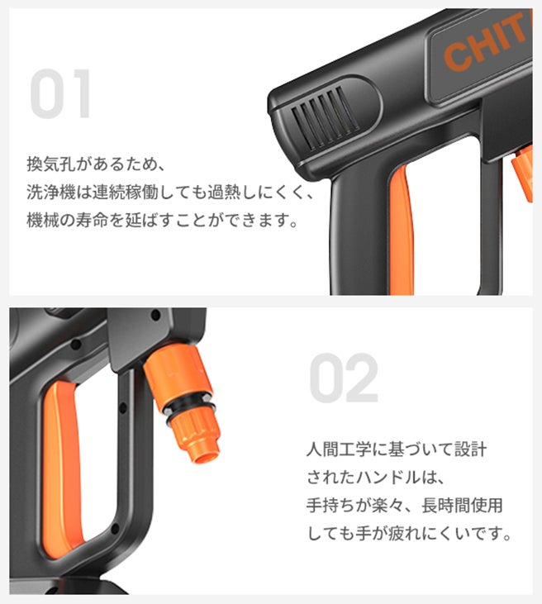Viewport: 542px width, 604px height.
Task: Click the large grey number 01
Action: (x=60, y=93)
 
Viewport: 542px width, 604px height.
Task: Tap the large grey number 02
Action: (x=344, y=378)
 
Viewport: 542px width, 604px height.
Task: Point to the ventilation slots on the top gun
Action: (x=326, y=117)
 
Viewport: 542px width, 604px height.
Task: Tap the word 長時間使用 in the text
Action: (x=462, y=506)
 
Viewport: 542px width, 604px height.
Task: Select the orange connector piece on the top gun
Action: (x=523, y=174)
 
